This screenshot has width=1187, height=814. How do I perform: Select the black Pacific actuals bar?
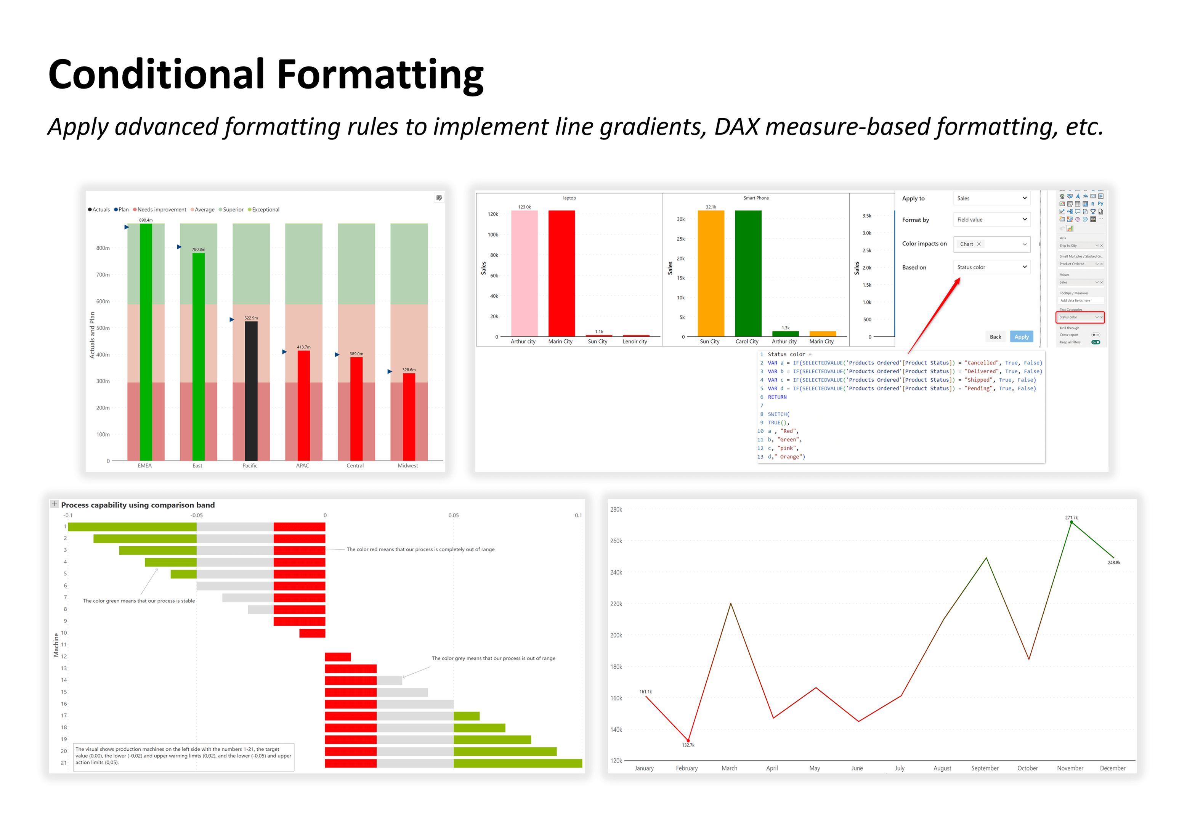click(x=251, y=391)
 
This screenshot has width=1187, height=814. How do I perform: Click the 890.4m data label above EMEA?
click(x=146, y=220)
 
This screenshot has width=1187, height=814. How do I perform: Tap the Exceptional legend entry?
click(x=265, y=209)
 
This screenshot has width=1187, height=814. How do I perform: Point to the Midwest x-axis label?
click(x=407, y=466)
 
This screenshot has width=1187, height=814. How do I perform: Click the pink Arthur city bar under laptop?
click(x=524, y=273)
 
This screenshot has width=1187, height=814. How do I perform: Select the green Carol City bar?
click(x=748, y=273)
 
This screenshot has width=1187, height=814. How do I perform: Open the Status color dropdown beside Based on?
click(x=991, y=267)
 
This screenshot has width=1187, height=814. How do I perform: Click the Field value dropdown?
click(x=991, y=220)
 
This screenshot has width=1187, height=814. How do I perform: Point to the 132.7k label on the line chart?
click(x=688, y=745)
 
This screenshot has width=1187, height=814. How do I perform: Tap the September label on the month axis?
click(x=984, y=768)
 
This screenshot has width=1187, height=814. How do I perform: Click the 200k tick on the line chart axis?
click(x=616, y=635)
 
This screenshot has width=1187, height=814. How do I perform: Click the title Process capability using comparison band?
click(x=138, y=505)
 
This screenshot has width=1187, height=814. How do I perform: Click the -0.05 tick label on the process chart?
click(x=196, y=515)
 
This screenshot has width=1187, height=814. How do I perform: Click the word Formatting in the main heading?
click(x=380, y=75)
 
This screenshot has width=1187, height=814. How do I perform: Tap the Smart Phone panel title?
click(x=756, y=198)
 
